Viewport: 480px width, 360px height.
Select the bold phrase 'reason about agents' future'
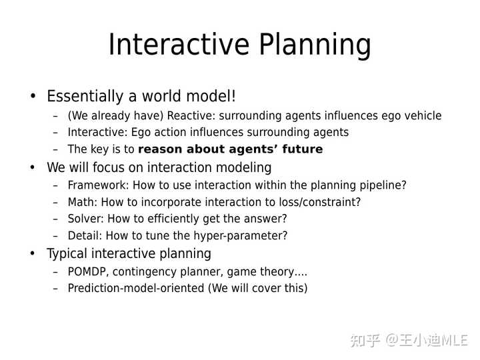point(230,149)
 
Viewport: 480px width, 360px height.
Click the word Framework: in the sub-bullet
point(97,185)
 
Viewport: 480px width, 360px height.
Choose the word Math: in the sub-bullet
point(82,202)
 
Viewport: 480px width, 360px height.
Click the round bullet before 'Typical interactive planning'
point(33,254)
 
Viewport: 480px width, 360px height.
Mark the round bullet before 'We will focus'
point(33,167)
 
